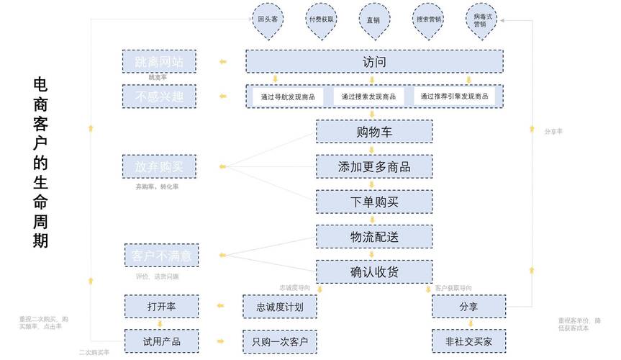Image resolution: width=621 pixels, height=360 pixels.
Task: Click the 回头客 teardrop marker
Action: tap(268, 19)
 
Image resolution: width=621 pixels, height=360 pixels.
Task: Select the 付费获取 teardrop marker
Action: tap(321, 19)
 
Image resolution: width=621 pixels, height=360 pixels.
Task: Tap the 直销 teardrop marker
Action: tap(373, 19)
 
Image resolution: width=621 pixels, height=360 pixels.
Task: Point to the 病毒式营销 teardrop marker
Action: tap(480, 19)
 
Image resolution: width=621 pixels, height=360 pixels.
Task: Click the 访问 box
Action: tap(374, 62)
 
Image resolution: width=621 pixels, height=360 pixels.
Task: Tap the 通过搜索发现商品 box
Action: tap(368, 96)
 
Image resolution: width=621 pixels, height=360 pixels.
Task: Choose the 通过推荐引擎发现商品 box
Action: tap(455, 96)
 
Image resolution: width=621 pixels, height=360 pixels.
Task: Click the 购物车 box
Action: tap(374, 132)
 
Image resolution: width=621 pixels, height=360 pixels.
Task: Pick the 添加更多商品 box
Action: tap(374, 167)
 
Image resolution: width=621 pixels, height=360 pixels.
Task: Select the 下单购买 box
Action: tap(374, 202)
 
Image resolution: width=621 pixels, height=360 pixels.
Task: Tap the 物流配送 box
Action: tap(374, 237)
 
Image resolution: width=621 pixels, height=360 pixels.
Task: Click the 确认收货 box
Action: tap(374, 271)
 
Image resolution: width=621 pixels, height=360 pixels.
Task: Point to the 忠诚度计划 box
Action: tap(280, 307)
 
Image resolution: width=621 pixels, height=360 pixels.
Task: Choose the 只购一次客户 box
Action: tap(280, 341)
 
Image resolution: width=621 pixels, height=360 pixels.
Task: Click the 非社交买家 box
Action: tap(468, 341)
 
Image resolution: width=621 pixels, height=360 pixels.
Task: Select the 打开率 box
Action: tap(162, 307)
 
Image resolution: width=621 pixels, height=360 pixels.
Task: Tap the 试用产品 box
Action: tap(162, 341)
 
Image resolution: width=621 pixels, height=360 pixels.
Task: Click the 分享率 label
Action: tap(553, 132)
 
